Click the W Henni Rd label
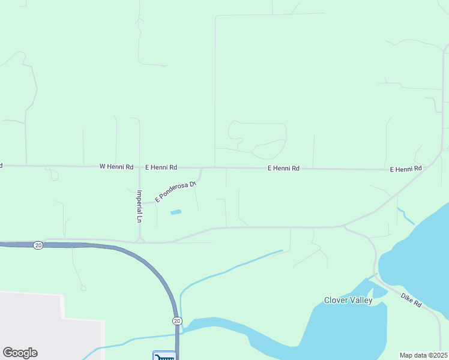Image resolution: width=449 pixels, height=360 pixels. coord(116,167)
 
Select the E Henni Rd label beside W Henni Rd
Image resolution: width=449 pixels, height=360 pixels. coord(161,167)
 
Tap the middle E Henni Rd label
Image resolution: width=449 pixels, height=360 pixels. coord(283,169)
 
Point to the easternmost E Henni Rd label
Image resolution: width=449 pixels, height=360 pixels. coord(406,169)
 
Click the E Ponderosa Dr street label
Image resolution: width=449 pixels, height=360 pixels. coord(176,191)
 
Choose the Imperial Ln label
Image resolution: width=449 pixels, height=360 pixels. coord(139,206)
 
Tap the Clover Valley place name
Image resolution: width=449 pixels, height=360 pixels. coord(348,300)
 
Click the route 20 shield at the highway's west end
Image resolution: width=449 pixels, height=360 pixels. coord(38,245)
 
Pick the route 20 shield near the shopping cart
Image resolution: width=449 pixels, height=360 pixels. coord(177,321)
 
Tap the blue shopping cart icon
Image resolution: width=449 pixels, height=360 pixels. coord(164,356)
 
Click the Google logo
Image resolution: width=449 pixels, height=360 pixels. coord(20,353)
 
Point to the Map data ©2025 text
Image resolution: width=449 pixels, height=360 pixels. coord(423,355)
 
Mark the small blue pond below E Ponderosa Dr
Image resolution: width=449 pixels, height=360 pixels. coord(176,212)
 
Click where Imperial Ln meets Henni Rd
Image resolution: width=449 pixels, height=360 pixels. coord(139,167)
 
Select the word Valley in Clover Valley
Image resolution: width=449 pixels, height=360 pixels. coord(361,300)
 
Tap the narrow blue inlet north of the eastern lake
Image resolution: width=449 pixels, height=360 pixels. coord(406,215)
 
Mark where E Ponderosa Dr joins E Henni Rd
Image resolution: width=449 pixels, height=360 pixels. coord(202,168)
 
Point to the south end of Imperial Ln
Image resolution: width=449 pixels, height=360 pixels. coord(139,239)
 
